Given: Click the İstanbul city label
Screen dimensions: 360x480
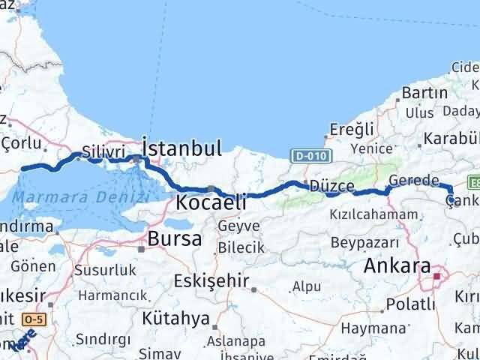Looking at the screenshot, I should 181,147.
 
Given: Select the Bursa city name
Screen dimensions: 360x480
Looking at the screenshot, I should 175,239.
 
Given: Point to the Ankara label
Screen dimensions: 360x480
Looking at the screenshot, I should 397,266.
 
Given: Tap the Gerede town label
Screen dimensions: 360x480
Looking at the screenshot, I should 413,181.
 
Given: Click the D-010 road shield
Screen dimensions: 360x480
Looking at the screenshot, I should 308,154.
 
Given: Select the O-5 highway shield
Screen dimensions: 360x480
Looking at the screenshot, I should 33,319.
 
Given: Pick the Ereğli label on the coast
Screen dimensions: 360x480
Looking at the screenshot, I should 352,130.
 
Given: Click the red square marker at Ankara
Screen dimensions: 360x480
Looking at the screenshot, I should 437,275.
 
